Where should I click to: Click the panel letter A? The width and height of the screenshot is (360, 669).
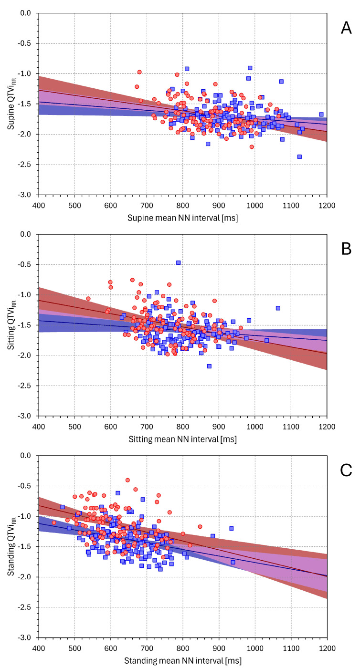tap(346, 28)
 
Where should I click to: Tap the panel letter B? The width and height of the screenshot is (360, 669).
tap(346, 249)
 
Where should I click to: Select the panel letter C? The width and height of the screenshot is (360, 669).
tap(346, 470)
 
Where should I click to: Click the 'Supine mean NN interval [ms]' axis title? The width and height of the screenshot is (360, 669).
tap(182, 218)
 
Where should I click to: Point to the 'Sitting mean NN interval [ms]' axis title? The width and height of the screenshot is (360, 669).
tap(182, 439)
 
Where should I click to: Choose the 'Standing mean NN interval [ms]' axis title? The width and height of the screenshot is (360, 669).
tap(182, 660)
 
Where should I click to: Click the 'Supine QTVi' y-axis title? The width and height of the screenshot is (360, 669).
tap(11, 104)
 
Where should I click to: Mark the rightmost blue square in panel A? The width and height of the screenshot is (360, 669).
tap(321, 115)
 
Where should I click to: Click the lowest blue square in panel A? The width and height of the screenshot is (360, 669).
tap(299, 157)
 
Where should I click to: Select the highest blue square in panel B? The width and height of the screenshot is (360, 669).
tap(179, 263)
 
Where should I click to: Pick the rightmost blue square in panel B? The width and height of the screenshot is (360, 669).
tap(278, 308)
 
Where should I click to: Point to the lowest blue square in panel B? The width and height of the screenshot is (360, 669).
tap(209, 366)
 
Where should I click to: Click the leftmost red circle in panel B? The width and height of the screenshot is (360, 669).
tap(88, 298)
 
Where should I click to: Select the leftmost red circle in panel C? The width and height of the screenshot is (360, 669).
tap(54, 523)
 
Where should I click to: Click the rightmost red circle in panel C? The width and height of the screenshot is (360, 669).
tap(200, 526)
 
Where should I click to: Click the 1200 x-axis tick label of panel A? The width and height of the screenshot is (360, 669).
tap(327, 206)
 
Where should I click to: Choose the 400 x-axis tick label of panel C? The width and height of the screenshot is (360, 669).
tap(39, 648)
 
